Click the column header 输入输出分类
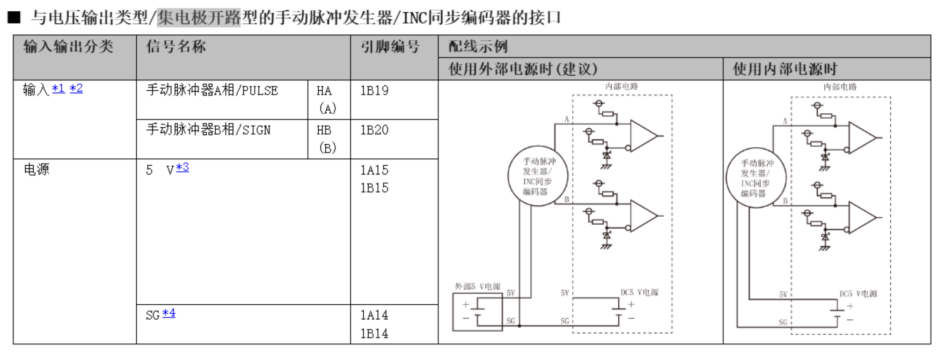tap(68, 47)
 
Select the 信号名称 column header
tap(176, 47)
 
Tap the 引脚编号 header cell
tap(390, 47)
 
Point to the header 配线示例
tap(478, 47)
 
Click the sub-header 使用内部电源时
tap(785, 69)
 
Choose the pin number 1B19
tap(374, 91)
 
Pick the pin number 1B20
tap(374, 130)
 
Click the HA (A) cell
tap(326, 99)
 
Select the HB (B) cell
tap(326, 138)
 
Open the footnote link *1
tap(58, 89)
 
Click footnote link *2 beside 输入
tap(76, 89)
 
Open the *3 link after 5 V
tap(182, 167)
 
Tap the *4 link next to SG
tap(169, 313)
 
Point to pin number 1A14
tap(374, 315)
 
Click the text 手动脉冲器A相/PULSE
tap(212, 91)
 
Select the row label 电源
tap(36, 170)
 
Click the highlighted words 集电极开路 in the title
tap(199, 18)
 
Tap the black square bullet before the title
tap(14, 18)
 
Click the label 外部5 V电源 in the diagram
tap(478, 286)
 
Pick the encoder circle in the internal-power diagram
tap(756, 178)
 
